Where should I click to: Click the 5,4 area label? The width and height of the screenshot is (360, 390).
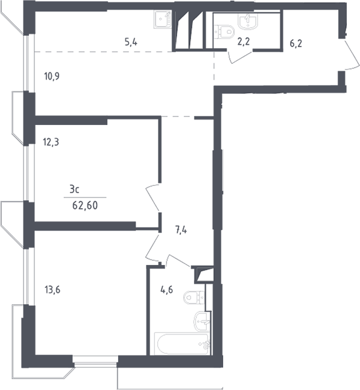[131, 42]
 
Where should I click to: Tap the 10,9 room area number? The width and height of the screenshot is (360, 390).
[52, 76]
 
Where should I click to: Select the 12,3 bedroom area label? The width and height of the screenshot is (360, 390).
[51, 142]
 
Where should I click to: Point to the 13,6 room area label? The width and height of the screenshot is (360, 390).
[52, 290]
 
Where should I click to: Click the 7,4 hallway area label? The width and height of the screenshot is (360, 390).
[181, 230]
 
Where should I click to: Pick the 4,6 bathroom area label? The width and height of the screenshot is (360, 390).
[166, 290]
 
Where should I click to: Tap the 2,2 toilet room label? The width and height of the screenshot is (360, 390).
[244, 42]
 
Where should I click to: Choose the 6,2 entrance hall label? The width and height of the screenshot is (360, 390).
[296, 43]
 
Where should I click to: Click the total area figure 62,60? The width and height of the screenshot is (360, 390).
[85, 206]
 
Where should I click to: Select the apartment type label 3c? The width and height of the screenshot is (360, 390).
[74, 190]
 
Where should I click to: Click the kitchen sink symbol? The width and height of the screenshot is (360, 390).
[162, 19]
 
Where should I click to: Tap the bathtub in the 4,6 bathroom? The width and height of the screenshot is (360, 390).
[182, 344]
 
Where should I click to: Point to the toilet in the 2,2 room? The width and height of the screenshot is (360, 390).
[224, 31]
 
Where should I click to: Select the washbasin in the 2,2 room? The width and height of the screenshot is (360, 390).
[248, 21]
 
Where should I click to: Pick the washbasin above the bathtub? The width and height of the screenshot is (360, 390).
[203, 322]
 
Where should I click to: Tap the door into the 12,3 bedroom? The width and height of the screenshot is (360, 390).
[153, 198]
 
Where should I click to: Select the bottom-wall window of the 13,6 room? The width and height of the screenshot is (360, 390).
[95, 362]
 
